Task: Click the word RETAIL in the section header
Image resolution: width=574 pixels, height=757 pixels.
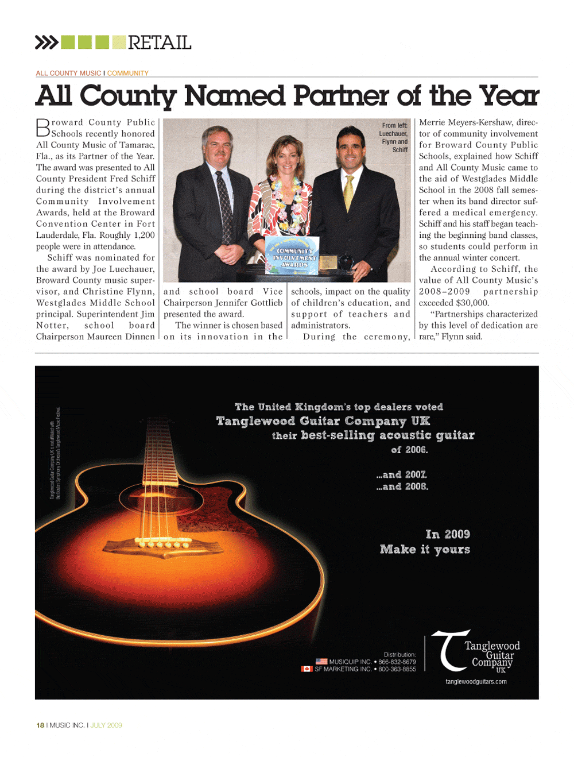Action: pyautogui.click(x=160, y=43)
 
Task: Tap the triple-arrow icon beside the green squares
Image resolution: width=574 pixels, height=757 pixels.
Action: pyautogui.click(x=46, y=43)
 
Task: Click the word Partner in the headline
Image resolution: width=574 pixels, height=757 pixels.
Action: pyautogui.click(x=341, y=95)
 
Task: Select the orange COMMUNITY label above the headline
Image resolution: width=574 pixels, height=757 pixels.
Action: pyautogui.click(x=127, y=73)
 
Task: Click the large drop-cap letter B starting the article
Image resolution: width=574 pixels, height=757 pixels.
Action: pyautogui.click(x=43, y=128)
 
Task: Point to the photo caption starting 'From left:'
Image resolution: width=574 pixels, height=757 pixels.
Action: pyautogui.click(x=395, y=137)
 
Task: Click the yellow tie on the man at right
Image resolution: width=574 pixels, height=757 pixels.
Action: pyautogui.click(x=348, y=192)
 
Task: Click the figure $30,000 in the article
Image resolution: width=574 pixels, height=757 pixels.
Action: pyautogui.click(x=472, y=303)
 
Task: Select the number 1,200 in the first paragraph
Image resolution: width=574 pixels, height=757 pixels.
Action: pyautogui.click(x=143, y=235)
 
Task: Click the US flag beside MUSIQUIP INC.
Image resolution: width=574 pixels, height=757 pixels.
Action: pyautogui.click(x=321, y=662)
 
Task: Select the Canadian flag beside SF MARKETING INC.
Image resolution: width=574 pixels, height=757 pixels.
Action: pyautogui.click(x=307, y=669)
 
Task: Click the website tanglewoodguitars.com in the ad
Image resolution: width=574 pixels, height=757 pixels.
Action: pyautogui.click(x=476, y=682)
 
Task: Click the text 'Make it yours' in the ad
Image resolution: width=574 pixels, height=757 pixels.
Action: pyautogui.click(x=425, y=549)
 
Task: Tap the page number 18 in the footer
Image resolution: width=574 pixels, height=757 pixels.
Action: pyautogui.click(x=40, y=725)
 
